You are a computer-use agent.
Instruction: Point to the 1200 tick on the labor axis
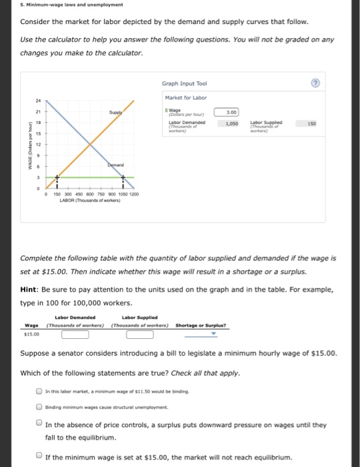pyautogui.click(x=134, y=194)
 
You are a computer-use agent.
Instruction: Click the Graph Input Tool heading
pyautogui.click(x=184, y=85)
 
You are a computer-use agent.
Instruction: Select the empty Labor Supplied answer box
pyautogui.click(x=140, y=334)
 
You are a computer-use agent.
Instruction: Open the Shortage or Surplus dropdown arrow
pyautogui.click(x=213, y=335)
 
